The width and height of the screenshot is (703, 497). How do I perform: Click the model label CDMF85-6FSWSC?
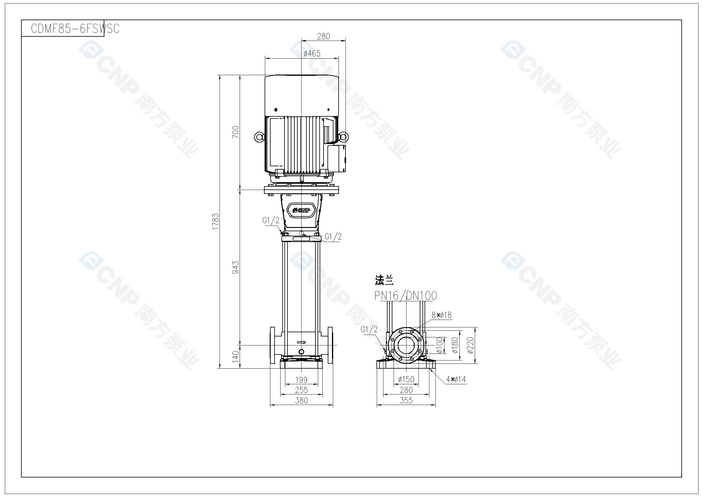[75, 29]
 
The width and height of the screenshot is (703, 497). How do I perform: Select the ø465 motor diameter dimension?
[312, 54]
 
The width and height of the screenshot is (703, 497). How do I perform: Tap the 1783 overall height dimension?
[216, 221]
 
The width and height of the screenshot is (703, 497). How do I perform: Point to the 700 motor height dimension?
[235, 132]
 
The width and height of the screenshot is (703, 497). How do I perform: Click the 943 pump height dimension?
[235, 267]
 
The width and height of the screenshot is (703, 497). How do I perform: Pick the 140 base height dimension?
[235, 357]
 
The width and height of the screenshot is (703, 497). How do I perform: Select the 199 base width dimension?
[301, 380]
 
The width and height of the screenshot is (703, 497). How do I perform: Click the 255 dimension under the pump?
[301, 390]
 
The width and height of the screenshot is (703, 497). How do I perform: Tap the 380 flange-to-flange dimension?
[301, 400]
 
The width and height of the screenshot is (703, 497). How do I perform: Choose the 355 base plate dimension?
[406, 400]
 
